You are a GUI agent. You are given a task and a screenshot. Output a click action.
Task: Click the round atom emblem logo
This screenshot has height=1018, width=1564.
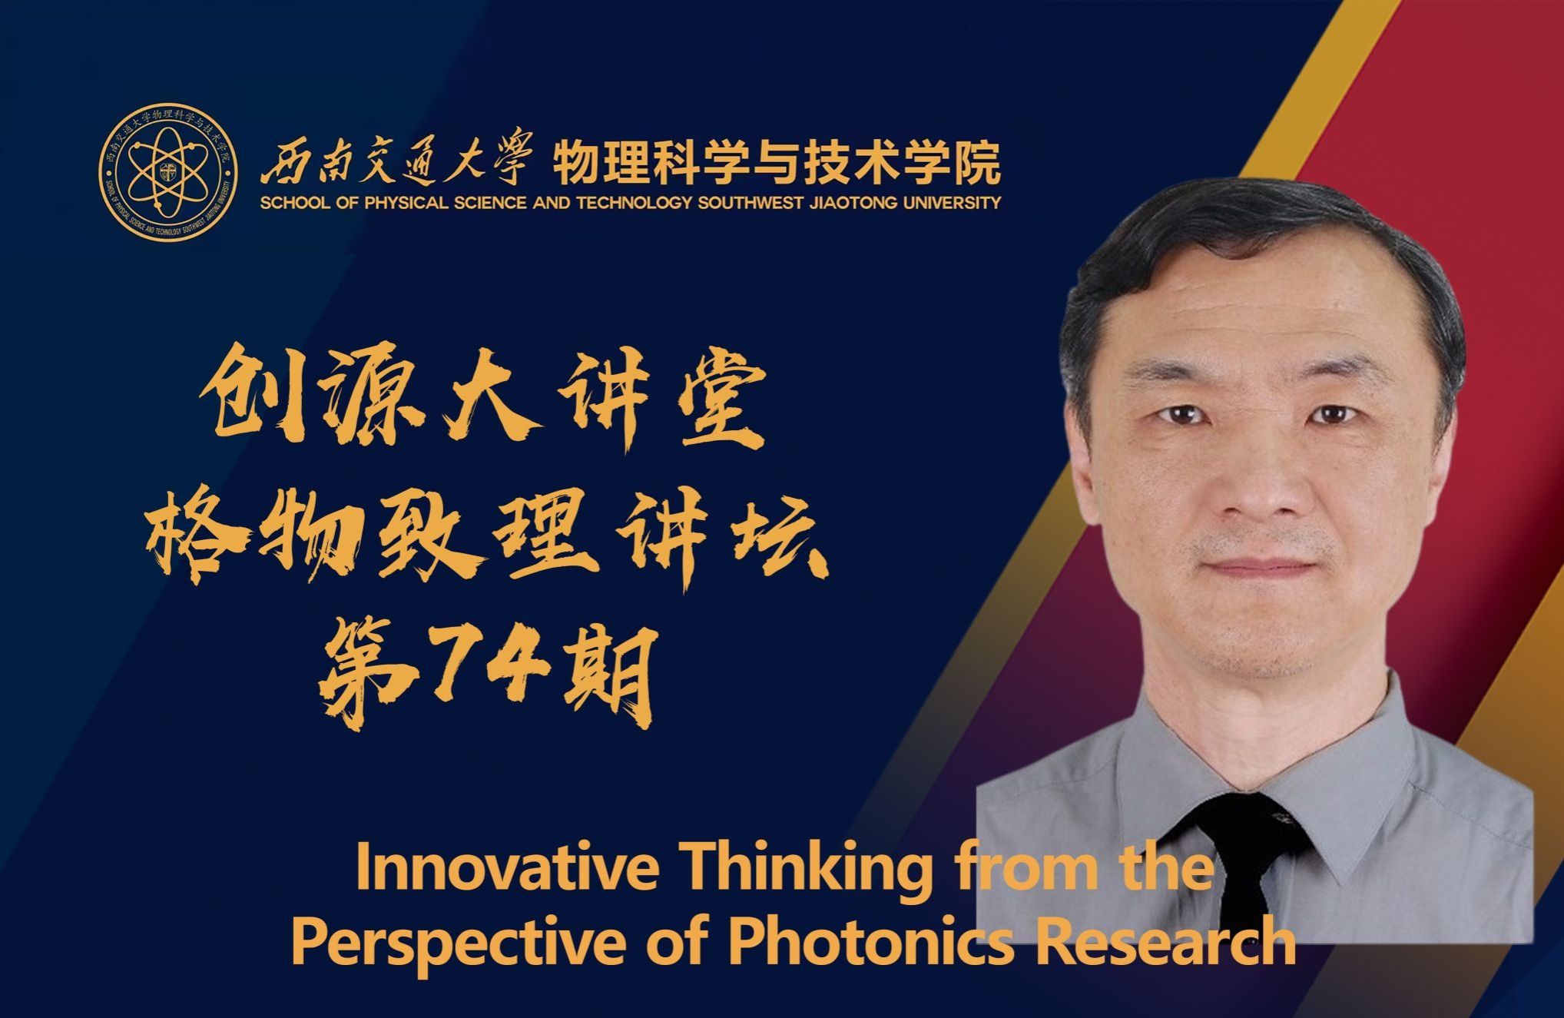pos(167,168)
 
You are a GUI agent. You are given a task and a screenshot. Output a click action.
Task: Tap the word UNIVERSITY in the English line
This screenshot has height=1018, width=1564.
pos(943,204)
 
